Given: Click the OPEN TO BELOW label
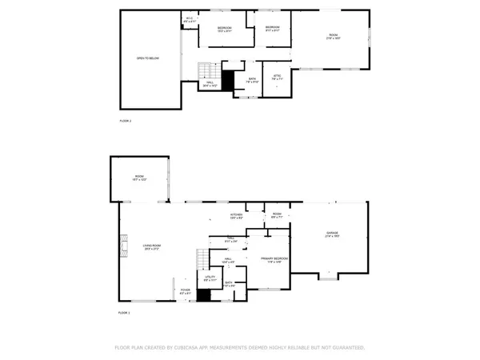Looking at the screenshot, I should [147, 59].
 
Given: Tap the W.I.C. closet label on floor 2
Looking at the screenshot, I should [190, 20].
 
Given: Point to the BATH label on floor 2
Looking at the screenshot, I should [252, 79].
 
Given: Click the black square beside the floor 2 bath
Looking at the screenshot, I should [227, 79].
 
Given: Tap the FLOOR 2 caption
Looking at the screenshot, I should [124, 120].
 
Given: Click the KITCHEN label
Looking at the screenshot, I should [237, 215].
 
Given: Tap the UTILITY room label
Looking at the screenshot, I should [209, 279].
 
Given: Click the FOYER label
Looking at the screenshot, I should [185, 291].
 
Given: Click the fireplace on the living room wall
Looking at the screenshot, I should [123, 243].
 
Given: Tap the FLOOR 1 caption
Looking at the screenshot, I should [124, 312].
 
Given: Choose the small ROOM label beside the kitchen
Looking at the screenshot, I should [277, 215].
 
